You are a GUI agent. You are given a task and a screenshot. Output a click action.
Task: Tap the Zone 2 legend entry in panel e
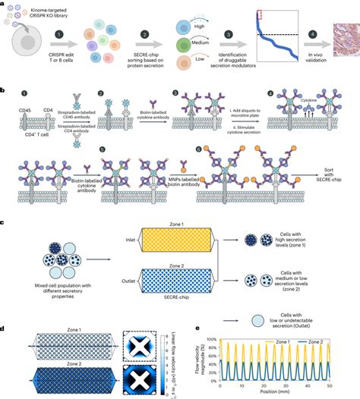[x=329, y=338]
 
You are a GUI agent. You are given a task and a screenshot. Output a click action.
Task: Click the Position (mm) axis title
[x=289, y=393]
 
